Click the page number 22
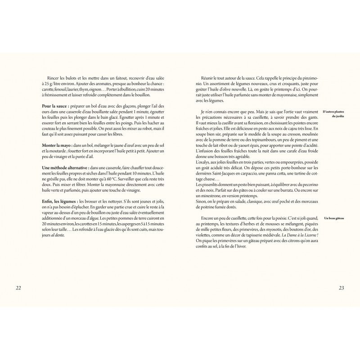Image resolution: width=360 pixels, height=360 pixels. [18, 288]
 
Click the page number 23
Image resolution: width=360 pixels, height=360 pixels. [342, 288]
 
